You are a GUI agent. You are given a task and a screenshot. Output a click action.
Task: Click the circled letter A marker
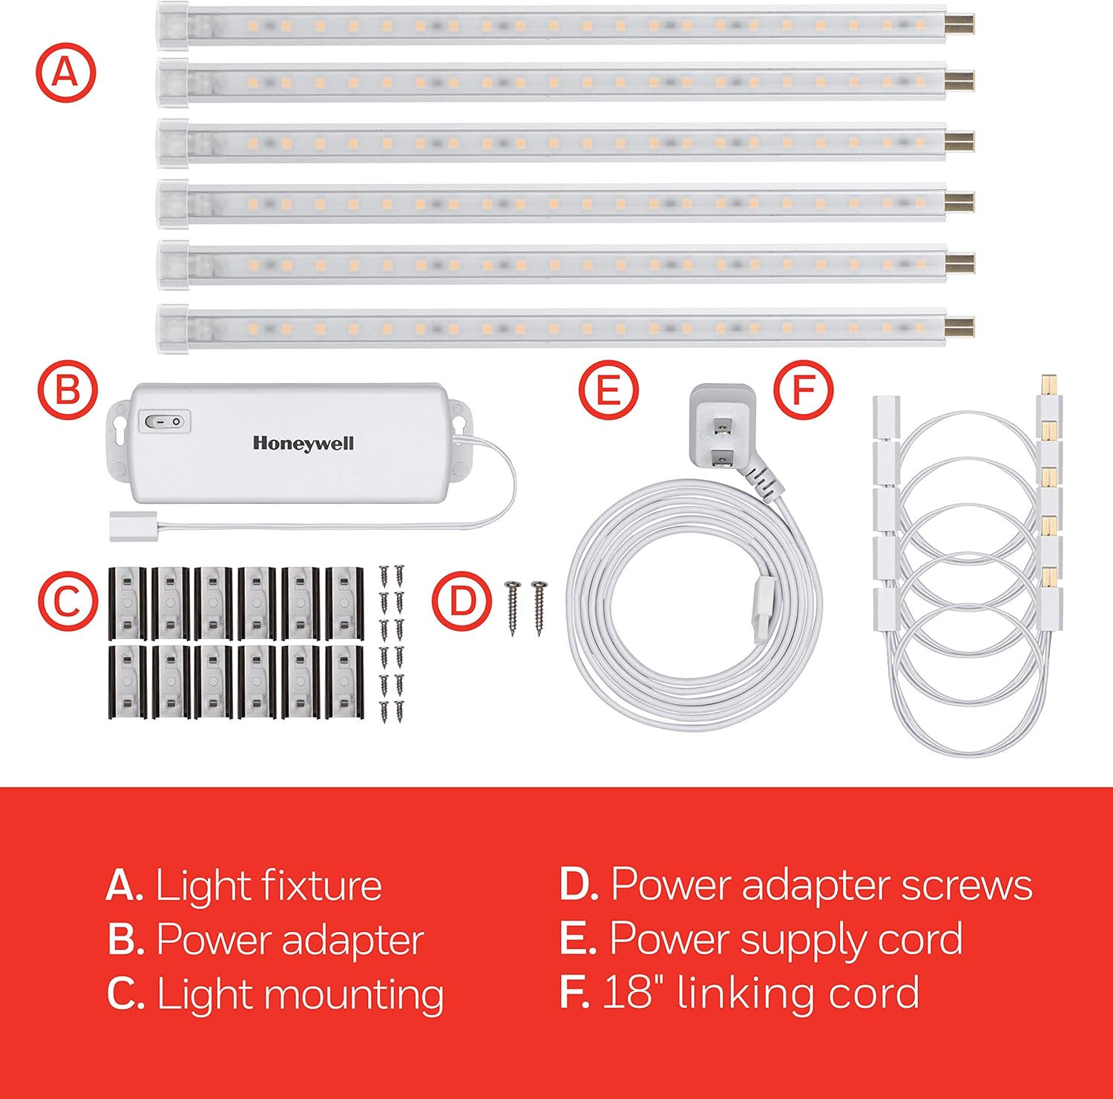click(x=66, y=73)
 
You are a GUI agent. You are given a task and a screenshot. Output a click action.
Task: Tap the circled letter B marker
click(x=68, y=389)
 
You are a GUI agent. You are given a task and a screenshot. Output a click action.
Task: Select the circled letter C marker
click(x=68, y=601)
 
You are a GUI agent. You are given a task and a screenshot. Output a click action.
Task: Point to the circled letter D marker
click(x=462, y=601)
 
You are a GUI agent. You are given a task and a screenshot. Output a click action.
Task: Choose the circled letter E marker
click(x=608, y=389)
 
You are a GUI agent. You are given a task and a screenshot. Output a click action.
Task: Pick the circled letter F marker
click(x=804, y=389)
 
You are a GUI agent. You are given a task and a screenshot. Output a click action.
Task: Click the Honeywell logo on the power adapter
click(x=303, y=443)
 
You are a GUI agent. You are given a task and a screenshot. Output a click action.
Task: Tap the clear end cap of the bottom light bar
click(x=172, y=326)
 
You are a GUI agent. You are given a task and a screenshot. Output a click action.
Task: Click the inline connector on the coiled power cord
click(x=762, y=610)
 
